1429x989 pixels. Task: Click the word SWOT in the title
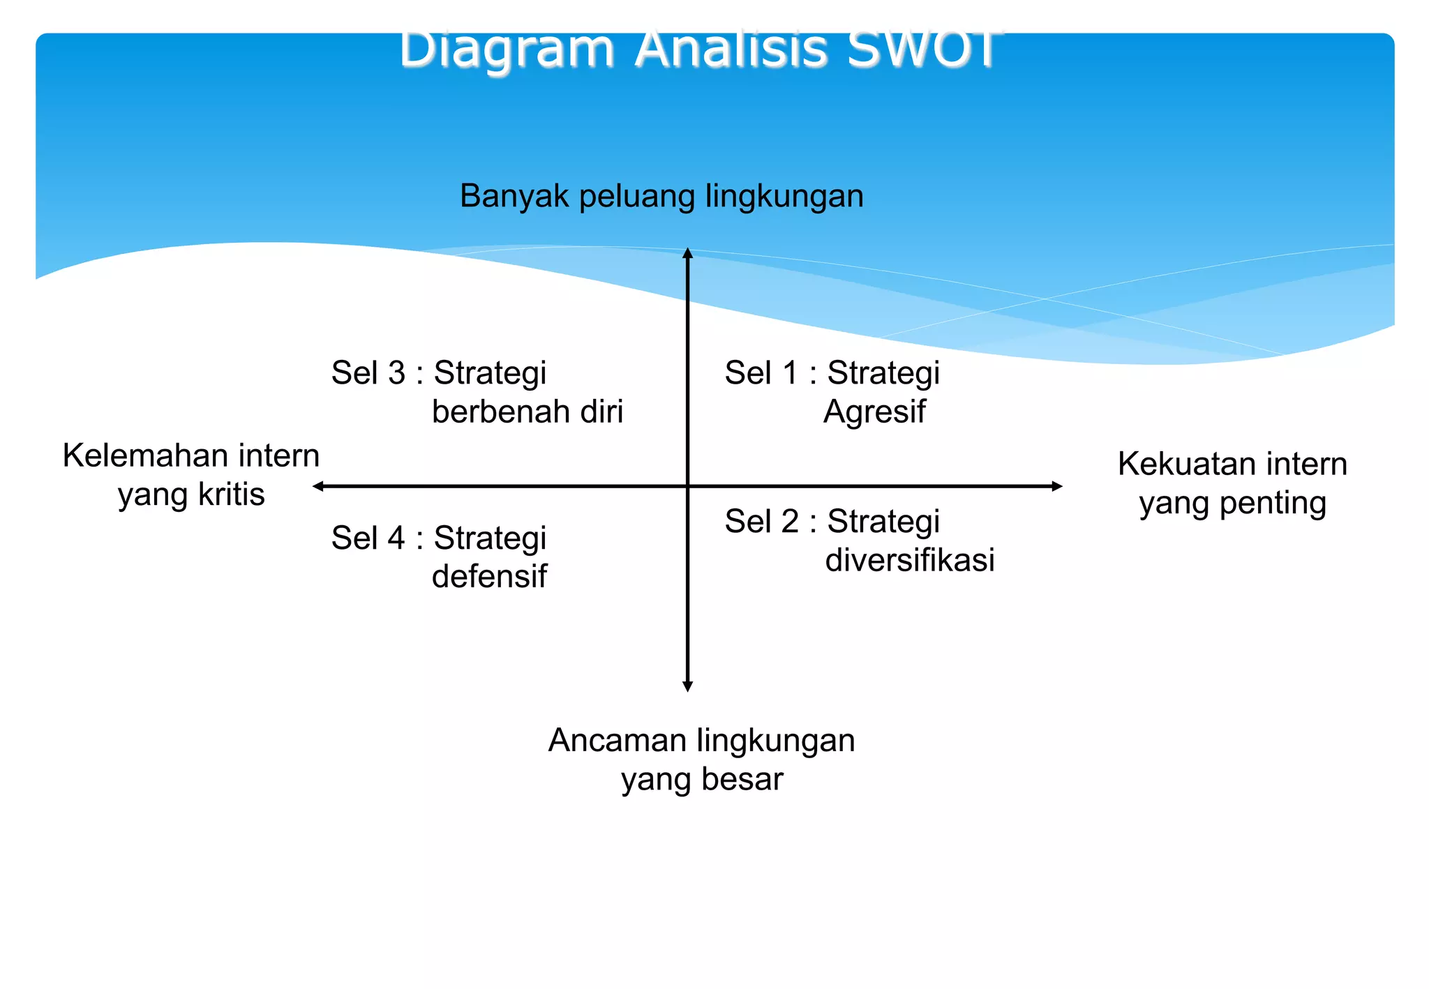[x=925, y=50]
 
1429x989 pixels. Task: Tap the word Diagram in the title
[x=507, y=50]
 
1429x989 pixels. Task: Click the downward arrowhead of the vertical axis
[x=687, y=686]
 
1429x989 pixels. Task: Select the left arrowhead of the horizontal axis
[x=318, y=486]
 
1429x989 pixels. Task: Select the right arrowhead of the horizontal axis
[x=1056, y=486]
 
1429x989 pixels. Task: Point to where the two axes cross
[x=687, y=486]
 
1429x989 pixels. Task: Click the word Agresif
[x=874, y=412]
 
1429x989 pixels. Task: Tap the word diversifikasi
[x=909, y=560]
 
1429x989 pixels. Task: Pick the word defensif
[x=489, y=576]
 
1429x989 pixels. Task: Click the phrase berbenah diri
[x=527, y=412]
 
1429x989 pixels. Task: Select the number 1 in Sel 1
[x=790, y=373]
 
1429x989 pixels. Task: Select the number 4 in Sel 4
[x=396, y=538]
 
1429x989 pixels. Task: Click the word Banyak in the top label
[x=514, y=196]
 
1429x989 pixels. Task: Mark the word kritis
[x=231, y=494]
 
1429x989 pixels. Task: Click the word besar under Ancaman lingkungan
[x=742, y=779]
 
